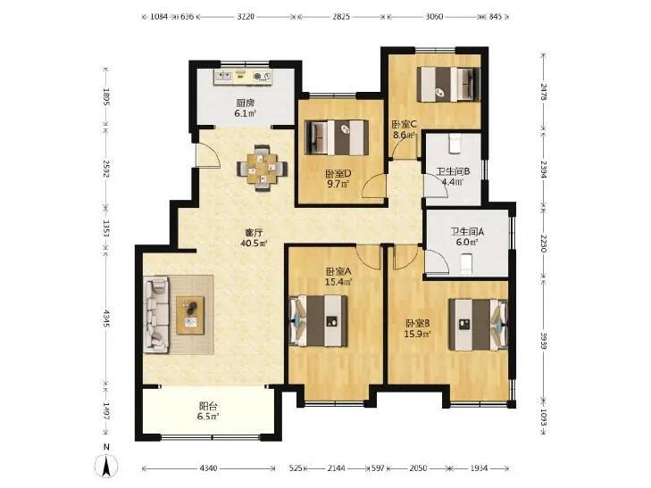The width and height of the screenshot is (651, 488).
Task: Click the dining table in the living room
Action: point(262,168)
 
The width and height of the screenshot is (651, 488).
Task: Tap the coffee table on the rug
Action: point(190,315)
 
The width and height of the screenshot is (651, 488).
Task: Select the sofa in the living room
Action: point(156,315)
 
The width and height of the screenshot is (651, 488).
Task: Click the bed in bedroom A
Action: point(319,320)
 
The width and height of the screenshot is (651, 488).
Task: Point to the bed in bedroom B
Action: point(479,324)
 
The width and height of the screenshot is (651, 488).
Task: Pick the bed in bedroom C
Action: point(448,84)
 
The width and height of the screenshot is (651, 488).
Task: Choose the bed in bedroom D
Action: point(337,137)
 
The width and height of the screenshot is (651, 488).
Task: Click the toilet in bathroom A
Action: point(466,265)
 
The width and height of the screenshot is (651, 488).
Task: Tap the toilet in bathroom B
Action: point(455,144)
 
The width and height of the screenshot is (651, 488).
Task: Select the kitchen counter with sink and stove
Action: point(243,77)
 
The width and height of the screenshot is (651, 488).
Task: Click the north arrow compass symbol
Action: point(106,461)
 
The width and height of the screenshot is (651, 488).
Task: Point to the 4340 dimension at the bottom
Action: point(208,468)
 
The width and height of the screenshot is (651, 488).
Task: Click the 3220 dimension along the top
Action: point(246,17)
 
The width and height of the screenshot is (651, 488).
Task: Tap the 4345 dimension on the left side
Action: point(106,318)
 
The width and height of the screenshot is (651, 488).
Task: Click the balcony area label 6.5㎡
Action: point(208,417)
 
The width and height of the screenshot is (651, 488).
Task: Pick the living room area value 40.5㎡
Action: point(254,244)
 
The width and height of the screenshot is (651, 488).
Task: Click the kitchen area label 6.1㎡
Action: point(246,112)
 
